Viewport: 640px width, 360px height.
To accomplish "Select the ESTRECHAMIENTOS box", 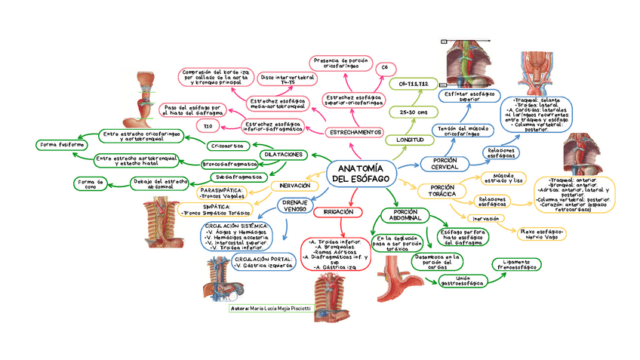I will click(355, 132).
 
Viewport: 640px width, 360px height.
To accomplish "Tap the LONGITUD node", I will click(405, 140).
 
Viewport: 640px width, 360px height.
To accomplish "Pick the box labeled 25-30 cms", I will click(413, 112).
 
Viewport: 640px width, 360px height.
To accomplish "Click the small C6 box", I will click(384, 69).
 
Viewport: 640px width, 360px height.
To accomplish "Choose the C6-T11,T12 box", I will click(414, 84).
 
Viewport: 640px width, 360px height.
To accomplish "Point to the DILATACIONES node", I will click(284, 154).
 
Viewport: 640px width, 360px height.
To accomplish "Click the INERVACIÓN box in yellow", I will click(294, 186).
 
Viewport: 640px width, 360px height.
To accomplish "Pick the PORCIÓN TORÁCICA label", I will click(442, 190).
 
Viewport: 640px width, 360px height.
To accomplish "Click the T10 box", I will click(208, 125).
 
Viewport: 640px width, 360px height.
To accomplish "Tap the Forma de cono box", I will click(91, 183).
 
